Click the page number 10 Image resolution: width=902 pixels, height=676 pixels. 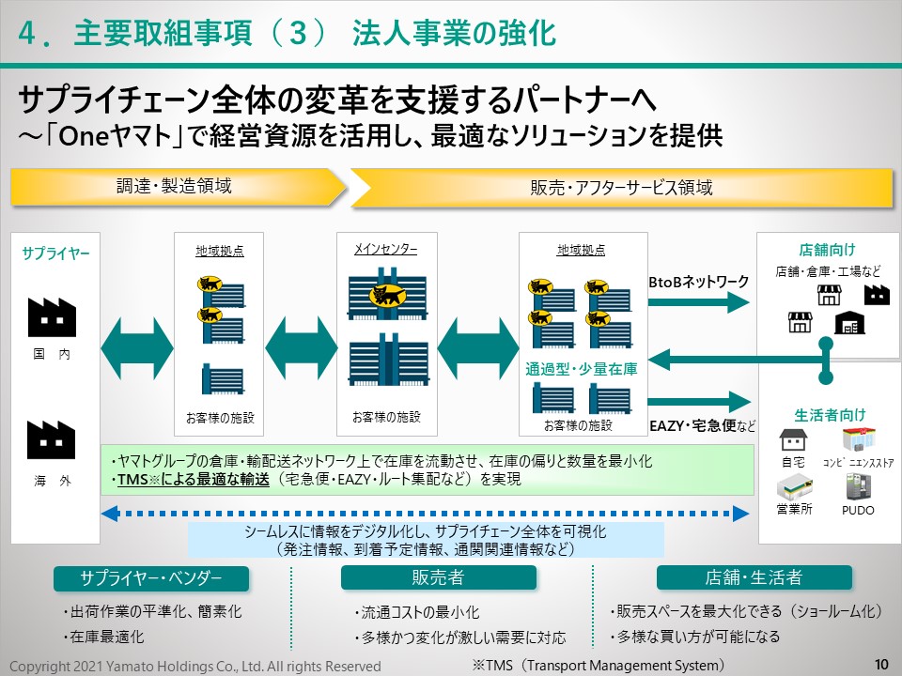880,664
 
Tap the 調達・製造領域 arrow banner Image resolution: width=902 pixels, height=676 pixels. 174,186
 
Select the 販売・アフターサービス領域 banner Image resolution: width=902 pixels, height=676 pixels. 620,187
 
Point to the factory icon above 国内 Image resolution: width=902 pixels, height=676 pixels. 52,316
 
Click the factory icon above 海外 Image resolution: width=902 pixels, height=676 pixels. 52,439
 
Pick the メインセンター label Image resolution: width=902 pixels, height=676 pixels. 385,250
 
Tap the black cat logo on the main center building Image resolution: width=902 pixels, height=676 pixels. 386,295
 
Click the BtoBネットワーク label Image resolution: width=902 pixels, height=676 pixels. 699,281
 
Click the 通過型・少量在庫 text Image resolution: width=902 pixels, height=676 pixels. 582,369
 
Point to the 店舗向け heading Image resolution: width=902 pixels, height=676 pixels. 827,250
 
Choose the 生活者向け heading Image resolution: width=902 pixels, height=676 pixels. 830,414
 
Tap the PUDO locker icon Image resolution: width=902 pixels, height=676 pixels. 858,486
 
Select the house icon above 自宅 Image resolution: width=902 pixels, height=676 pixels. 793,439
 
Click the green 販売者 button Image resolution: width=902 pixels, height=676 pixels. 438,577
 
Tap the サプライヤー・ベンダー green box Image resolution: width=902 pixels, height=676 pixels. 150,577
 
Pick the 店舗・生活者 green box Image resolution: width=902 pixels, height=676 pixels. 754,577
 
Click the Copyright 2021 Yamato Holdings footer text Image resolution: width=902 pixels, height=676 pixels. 195,666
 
